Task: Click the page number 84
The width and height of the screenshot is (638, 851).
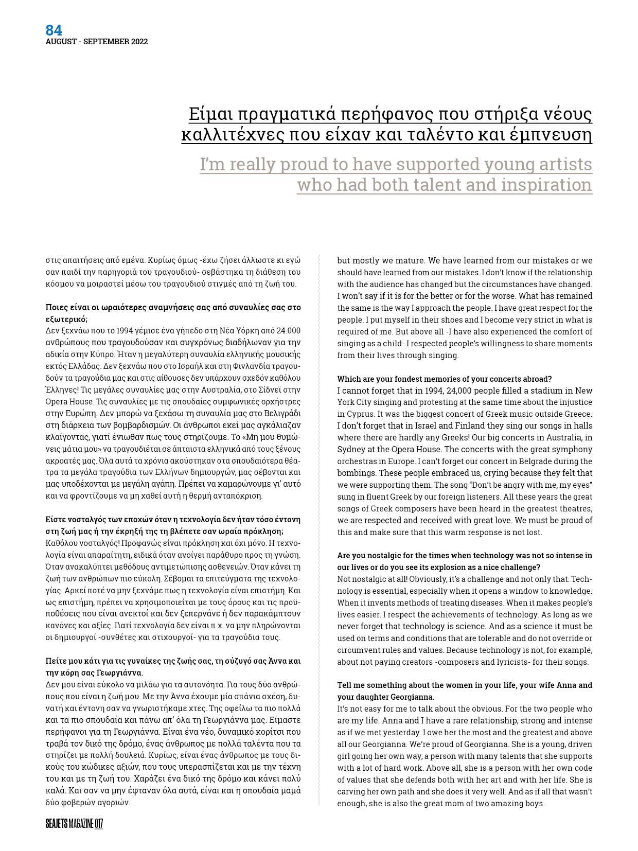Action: click(54, 30)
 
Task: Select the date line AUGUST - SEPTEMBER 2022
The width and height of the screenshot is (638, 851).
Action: click(96, 42)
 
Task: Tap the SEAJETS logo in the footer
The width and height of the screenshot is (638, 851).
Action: click(56, 824)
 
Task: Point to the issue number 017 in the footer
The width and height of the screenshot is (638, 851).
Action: click(99, 824)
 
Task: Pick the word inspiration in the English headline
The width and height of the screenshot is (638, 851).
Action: click(544, 184)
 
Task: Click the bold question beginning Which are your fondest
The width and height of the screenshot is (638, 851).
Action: click(444, 379)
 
